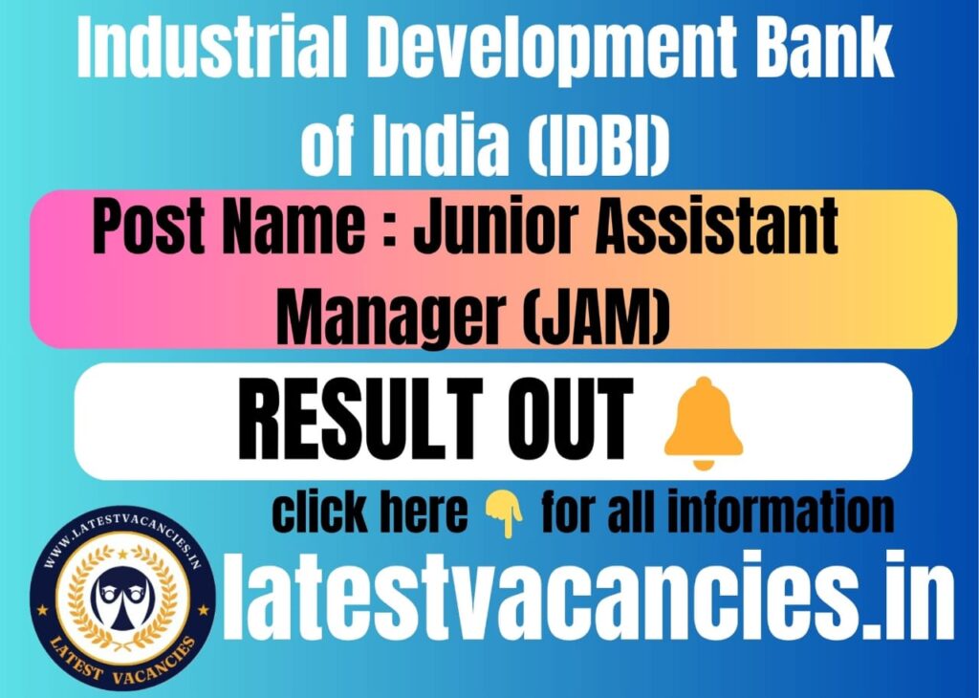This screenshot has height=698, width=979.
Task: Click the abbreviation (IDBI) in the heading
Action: (x=598, y=145)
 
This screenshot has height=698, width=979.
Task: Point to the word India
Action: (x=440, y=144)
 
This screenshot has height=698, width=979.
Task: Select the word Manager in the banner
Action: (x=390, y=319)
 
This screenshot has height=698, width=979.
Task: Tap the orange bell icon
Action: (x=703, y=424)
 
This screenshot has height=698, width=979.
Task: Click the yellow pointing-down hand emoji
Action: (x=505, y=513)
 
